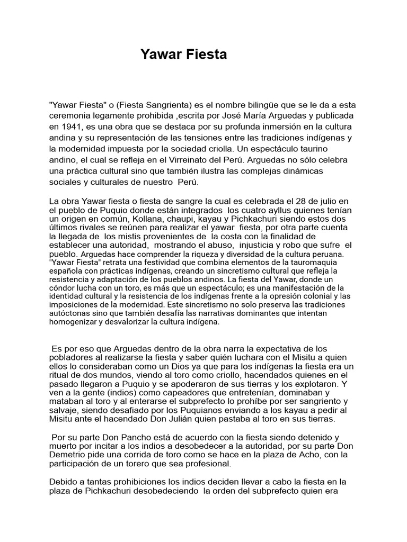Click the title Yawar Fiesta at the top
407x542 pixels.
point(183,55)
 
